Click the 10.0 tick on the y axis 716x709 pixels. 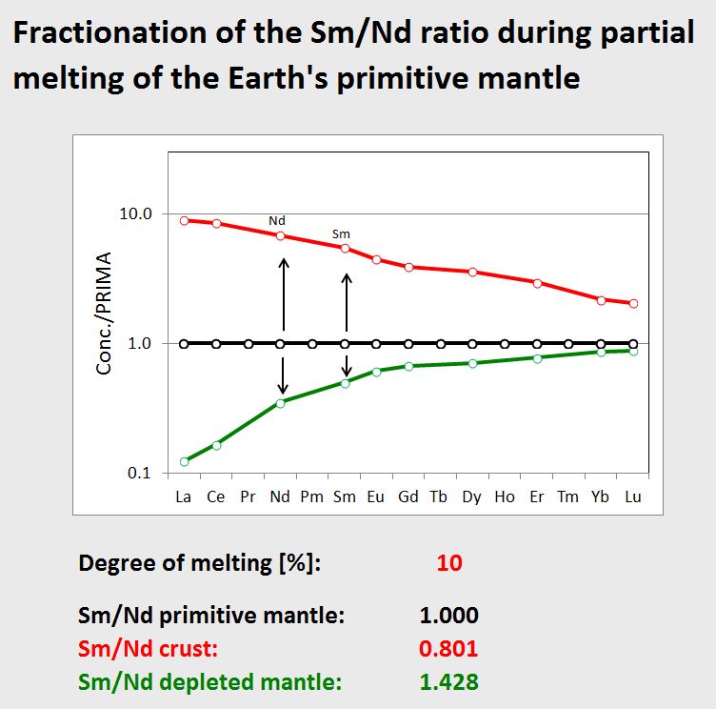[135, 213]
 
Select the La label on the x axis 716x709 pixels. [184, 496]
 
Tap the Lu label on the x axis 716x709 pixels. [632, 496]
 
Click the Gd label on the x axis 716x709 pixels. [408, 496]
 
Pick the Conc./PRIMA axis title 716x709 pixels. [107, 313]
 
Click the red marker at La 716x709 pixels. [185, 220]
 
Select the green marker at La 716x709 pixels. [185, 461]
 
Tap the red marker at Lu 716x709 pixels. [632, 303]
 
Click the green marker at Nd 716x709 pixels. [281, 403]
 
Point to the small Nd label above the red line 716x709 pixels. [277, 219]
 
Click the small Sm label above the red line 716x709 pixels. [341, 233]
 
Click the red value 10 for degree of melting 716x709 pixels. [448, 563]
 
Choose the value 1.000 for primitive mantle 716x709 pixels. [448, 615]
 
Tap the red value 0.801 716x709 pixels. [448, 649]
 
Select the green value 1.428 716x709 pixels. [448, 682]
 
